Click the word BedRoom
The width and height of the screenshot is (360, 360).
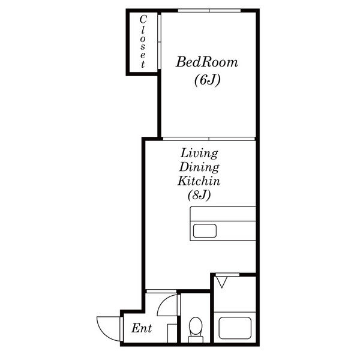(207, 62)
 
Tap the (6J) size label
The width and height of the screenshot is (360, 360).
(208, 80)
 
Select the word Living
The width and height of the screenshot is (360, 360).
(199, 154)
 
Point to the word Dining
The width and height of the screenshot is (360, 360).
(199, 167)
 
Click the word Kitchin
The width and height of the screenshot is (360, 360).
(199, 181)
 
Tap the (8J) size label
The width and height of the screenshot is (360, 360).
(199, 196)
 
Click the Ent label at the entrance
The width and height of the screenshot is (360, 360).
(142, 328)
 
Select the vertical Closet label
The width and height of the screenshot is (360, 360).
(143, 41)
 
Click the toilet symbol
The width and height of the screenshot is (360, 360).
(196, 329)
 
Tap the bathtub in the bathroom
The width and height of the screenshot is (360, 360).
(235, 328)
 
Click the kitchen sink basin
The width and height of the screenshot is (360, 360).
(205, 231)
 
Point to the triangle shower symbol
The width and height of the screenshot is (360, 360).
(222, 282)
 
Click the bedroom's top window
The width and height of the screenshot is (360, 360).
(209, 11)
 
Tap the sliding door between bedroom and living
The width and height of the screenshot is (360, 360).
(209, 139)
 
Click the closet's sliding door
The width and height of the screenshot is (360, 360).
(159, 41)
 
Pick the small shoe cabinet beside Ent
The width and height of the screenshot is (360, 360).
(172, 334)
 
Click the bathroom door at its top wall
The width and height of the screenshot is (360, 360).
(227, 275)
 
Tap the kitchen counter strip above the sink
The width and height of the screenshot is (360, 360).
(223, 214)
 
